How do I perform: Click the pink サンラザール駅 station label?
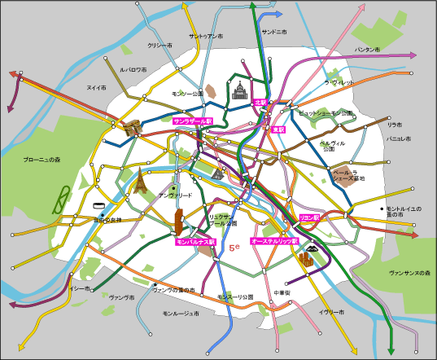192,121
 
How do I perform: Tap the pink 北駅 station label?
260,103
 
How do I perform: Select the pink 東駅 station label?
278,129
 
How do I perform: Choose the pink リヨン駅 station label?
310,217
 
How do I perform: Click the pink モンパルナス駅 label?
195,242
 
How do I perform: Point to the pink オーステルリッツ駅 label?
274,242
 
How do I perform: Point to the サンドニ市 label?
274,33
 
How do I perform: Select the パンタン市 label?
366,50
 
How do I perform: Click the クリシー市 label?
160,46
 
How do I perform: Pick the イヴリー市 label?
332,312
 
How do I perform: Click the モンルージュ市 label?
180,314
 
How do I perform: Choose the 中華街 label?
282,292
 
